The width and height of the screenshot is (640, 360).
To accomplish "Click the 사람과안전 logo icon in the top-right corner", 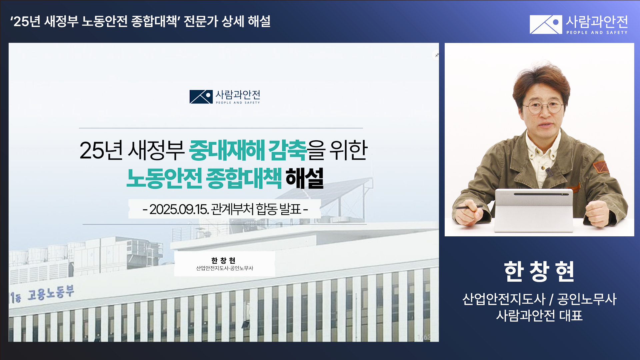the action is pos(546,24).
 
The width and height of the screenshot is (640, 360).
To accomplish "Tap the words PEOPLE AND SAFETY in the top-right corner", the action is pos(597,33).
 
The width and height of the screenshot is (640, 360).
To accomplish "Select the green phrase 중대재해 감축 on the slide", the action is pos(248,150).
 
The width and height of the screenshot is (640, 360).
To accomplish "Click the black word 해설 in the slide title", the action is pos(305,178).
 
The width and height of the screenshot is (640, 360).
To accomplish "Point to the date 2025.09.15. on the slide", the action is pos(179,209).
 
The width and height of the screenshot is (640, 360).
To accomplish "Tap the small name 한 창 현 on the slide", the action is pos(224,260).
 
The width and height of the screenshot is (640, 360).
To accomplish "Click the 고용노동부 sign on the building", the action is pos(50,293).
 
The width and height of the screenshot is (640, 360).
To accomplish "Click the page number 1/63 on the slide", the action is pos(424,337).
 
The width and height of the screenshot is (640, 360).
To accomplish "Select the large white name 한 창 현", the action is pos(539,271).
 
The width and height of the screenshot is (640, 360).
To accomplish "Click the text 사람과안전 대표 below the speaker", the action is pos(539,315).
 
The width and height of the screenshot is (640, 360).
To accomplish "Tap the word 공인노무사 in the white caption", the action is pos(587,299).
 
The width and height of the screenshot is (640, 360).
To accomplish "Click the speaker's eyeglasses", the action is pos(543,107).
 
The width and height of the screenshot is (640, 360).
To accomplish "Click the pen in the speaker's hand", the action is pos(468,207).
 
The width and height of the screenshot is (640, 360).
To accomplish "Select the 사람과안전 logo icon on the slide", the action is pos(201,97).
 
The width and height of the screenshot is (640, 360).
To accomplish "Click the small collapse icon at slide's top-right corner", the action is pos(437,55).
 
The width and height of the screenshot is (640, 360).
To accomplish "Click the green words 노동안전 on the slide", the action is pos(164,178).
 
